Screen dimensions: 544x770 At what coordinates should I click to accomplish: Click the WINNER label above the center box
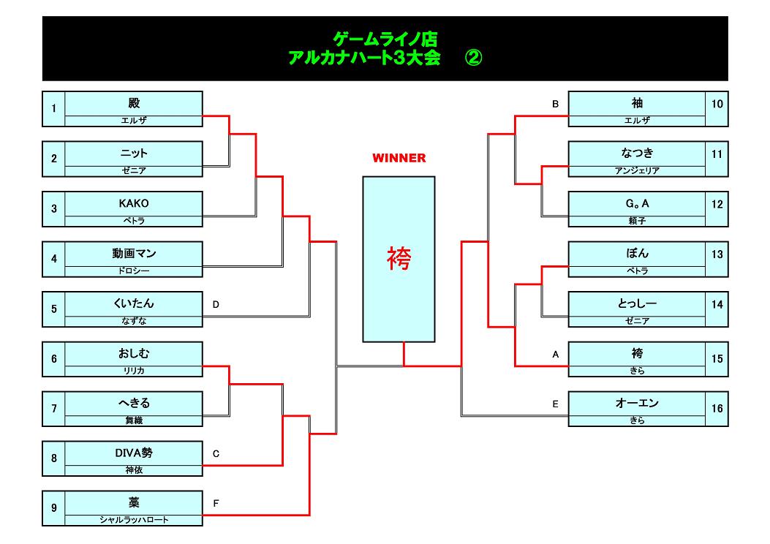pyautogui.click(x=399, y=158)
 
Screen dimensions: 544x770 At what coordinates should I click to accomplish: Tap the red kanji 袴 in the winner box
pyautogui.click(x=399, y=259)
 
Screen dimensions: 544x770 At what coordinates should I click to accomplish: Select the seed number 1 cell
pyautogui.click(x=53, y=109)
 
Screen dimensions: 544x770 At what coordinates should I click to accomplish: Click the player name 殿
pyautogui.click(x=133, y=103)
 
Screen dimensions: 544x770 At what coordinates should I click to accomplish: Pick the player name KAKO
pyautogui.click(x=133, y=203)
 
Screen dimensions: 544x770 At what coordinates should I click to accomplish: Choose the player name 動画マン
pyautogui.click(x=133, y=254)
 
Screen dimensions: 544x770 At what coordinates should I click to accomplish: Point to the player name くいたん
pyautogui.click(x=133, y=303)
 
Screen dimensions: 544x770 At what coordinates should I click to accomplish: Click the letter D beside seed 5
pyautogui.click(x=216, y=303)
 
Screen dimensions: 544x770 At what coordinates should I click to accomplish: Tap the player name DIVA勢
pyautogui.click(x=133, y=453)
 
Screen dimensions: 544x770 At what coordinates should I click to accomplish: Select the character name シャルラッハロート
pyautogui.click(x=133, y=520)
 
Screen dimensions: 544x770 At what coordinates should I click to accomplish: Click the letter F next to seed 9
pyautogui.click(x=216, y=503)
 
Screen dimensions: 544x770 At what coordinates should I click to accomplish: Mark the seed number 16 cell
pyautogui.click(x=717, y=409)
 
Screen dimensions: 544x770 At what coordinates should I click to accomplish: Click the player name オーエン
pyautogui.click(x=637, y=403)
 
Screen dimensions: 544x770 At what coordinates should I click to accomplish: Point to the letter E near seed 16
pyautogui.click(x=556, y=403)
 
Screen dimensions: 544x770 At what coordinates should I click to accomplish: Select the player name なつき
pyautogui.click(x=637, y=154)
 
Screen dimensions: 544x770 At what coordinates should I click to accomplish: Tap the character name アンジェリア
pyautogui.click(x=637, y=170)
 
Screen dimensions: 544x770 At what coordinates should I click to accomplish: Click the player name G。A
pyautogui.click(x=637, y=203)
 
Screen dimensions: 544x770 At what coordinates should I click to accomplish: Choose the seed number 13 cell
pyautogui.click(x=717, y=254)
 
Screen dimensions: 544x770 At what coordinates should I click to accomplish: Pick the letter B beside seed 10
pyautogui.click(x=556, y=104)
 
